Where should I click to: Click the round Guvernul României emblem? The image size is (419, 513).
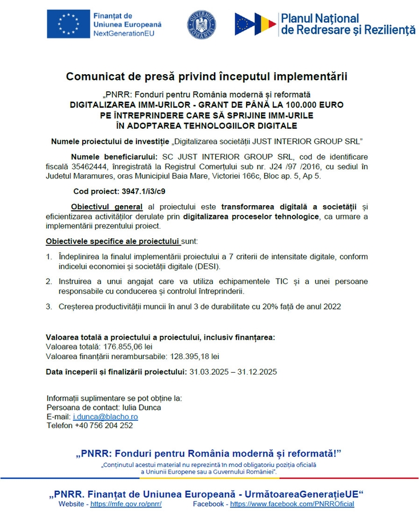pos(202,25)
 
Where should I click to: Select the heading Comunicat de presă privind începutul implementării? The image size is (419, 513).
pos(206,76)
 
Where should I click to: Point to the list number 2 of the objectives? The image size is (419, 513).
pos(49,282)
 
